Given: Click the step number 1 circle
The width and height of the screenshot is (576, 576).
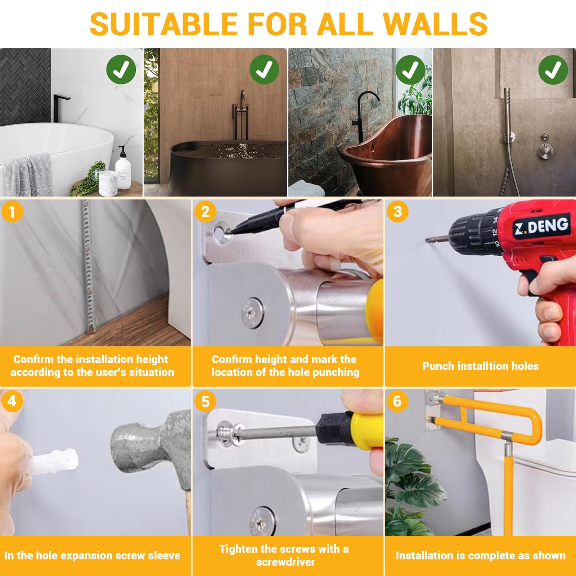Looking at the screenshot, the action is [x=12, y=212].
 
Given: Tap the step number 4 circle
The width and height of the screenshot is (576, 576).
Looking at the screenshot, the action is [x=12, y=401].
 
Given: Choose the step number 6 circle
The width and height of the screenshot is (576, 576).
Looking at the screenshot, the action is [x=397, y=401].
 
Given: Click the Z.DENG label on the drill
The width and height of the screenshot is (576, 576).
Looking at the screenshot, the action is [x=541, y=226].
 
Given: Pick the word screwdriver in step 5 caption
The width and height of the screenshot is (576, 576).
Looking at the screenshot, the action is [x=285, y=562].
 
